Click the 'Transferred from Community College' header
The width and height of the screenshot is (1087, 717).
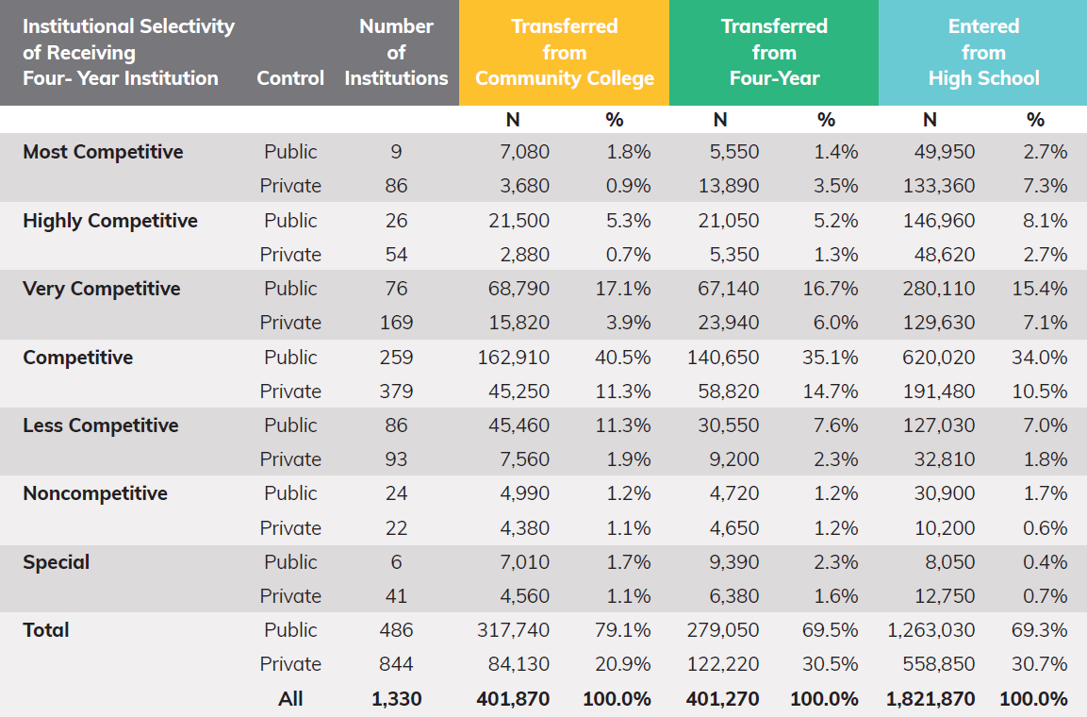[564, 53]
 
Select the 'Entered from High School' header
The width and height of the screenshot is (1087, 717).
[983, 53]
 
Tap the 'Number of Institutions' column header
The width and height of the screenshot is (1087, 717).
[396, 53]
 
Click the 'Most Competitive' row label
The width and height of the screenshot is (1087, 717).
[103, 152]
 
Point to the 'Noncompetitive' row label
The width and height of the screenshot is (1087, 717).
[95, 493]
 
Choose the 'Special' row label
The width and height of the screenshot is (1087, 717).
[57, 562]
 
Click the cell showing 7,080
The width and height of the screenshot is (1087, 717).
[524, 152]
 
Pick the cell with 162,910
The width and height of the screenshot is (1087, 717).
[513, 358]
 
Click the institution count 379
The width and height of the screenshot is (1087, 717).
[396, 392]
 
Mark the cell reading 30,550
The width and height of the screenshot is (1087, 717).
[728, 425]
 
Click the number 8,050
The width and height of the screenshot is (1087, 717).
[948, 562]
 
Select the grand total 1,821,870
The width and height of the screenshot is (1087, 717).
[931, 699]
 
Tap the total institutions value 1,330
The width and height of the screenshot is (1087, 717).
[396, 699]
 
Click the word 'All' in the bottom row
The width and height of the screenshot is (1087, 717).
[290, 699]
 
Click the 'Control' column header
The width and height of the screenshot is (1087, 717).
[290, 78]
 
